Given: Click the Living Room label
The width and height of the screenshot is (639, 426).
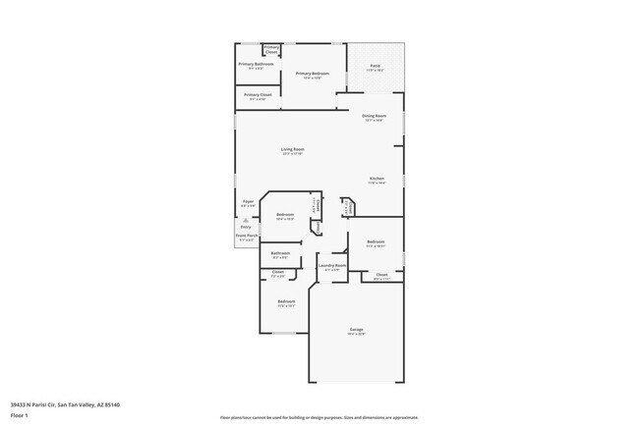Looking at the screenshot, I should pos(293,149).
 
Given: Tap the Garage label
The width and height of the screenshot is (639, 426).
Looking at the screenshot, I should pos(356,329).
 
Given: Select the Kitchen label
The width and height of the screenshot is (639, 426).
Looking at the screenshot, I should pos(377,178).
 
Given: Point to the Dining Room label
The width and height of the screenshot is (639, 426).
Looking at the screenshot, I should pos(374,116).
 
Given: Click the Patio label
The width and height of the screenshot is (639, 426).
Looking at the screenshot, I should pos(376,66).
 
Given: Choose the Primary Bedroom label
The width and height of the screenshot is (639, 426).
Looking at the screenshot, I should pos(309,74).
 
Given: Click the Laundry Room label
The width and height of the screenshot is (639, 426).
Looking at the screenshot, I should pos(333,265).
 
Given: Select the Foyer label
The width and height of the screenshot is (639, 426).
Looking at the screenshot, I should pos(249,201).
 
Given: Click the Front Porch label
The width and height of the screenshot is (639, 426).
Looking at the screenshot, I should pos(247,236).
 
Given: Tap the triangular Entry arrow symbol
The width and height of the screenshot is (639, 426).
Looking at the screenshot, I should pos(246,220).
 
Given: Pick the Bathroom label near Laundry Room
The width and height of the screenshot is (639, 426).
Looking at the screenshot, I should pos(280,253).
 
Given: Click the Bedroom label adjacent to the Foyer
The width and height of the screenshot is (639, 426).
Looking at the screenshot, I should pos(285,214).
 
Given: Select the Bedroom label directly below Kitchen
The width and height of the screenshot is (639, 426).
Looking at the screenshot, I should pos(376,241).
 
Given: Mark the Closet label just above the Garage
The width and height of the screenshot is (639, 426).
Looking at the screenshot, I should pos(381,274).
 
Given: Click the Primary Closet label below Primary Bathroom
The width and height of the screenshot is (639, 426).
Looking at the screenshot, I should pos(258,95).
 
